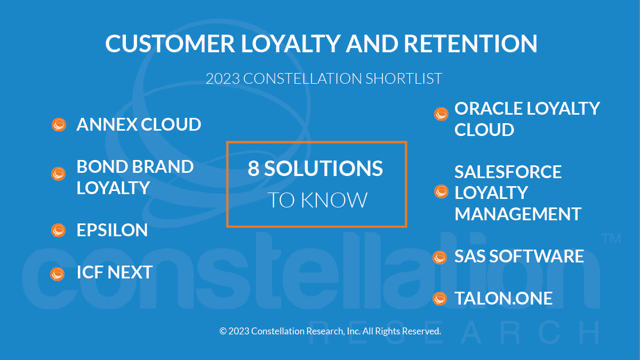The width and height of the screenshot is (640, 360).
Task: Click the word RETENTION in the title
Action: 470,44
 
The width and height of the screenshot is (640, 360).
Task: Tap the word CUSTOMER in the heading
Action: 170,44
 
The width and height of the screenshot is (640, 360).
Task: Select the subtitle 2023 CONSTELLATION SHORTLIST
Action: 324,78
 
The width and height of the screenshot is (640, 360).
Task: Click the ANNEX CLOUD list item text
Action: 139,125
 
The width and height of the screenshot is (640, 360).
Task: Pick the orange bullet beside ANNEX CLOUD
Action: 59,125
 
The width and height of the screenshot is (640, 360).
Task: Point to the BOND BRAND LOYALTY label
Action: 135,177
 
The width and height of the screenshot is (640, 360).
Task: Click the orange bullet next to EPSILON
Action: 58,230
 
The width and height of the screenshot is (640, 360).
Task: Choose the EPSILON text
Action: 112,230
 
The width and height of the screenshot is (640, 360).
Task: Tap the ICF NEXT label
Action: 114,273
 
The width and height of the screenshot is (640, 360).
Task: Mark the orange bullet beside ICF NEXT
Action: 57,274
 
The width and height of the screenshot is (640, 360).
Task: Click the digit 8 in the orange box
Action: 253,169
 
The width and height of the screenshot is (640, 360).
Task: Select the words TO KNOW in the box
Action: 317,201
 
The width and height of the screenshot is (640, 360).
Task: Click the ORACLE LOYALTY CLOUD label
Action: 527,119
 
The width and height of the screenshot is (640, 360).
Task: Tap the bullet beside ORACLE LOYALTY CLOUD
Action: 441,114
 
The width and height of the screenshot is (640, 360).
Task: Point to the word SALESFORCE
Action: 508,172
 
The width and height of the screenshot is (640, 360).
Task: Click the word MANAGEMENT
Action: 518,214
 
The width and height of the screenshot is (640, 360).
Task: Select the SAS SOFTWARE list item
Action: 519,257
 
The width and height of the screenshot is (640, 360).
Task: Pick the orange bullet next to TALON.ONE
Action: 439,299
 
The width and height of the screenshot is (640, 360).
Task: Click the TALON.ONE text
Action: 503,299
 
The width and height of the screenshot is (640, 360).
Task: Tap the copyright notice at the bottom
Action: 330,331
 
